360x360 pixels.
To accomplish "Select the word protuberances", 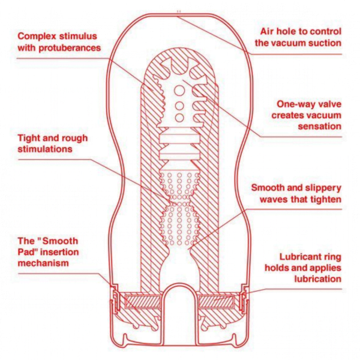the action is (x=70, y=48).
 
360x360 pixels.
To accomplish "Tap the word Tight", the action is (x=29, y=138).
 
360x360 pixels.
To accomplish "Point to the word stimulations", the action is (x=45, y=149).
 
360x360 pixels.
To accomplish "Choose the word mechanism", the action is (x=43, y=263).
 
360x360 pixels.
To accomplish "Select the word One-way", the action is (x=293, y=104).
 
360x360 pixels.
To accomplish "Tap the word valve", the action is (x=327, y=104).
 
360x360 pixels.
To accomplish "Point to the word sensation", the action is (x=320, y=126).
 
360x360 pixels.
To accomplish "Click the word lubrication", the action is (x=318, y=279).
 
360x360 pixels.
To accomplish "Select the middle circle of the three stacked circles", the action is (x=179, y=106).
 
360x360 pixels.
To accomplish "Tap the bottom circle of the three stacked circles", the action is (x=179, y=118).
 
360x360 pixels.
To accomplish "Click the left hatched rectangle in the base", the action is (x=143, y=302).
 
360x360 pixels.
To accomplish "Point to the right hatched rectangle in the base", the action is (x=216, y=302).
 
